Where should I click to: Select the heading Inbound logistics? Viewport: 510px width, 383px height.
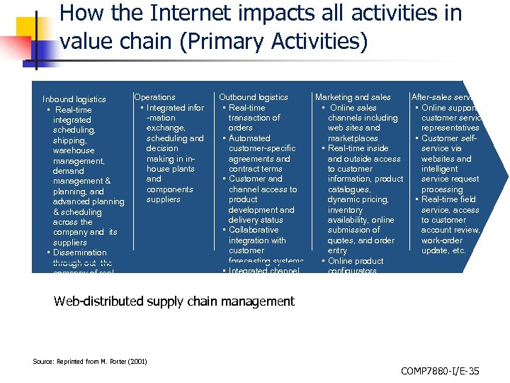pyautogui.click(x=74, y=99)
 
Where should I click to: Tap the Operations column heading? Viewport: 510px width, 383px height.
pyautogui.click(x=154, y=97)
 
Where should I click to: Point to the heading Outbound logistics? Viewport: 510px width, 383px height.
pyautogui.click(x=254, y=97)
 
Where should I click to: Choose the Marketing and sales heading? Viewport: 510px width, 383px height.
pyautogui.click(x=353, y=97)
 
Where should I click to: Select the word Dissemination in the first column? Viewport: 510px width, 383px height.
pyautogui.click(x=79, y=252)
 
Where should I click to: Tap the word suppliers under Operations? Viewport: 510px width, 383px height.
pyautogui.click(x=163, y=199)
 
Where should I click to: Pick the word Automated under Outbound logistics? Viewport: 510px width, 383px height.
pyautogui.click(x=249, y=138)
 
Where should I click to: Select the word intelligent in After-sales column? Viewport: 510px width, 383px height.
pyautogui.click(x=440, y=169)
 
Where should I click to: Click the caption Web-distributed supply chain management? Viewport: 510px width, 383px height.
pyautogui.click(x=174, y=301)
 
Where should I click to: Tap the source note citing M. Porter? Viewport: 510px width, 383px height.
pyautogui.click(x=90, y=362)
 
